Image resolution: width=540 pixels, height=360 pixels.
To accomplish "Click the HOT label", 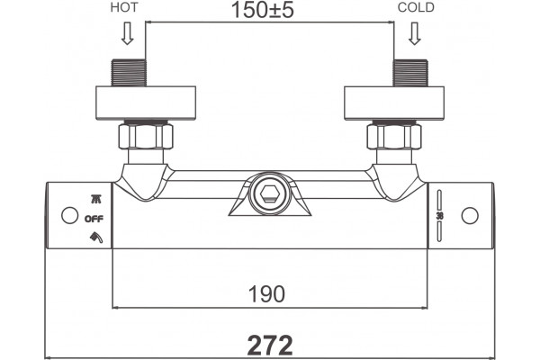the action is [124, 7].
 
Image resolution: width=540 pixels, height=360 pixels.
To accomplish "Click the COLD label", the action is [416, 7].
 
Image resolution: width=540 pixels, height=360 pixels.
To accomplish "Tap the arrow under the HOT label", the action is [128, 33].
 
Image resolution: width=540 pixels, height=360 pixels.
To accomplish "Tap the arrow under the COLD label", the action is [414, 33].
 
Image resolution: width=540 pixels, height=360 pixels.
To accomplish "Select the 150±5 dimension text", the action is [263, 10].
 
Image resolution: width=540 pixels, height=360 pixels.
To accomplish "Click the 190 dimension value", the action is [266, 294].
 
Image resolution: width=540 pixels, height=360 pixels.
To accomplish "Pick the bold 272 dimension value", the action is [270, 346].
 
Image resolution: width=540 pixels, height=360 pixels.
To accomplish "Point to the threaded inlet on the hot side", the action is [129, 73].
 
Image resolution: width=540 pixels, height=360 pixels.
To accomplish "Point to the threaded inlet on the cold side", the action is [410, 73].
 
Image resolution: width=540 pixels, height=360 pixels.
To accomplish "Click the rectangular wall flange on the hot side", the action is [146, 103].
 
